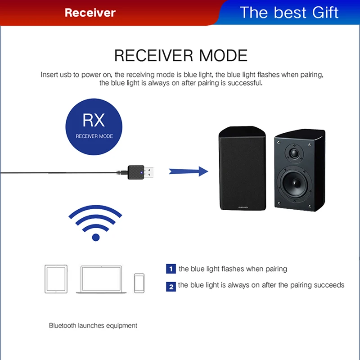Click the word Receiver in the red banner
tap(90, 13)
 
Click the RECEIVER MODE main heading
tap(181, 55)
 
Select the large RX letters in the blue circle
tap(94, 120)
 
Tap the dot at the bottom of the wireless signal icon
tap(95, 237)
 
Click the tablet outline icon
tap(56, 279)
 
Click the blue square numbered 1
tap(171, 269)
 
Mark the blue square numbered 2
tap(171, 286)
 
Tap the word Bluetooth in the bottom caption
tap(63, 325)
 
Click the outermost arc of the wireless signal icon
tap(95, 210)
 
